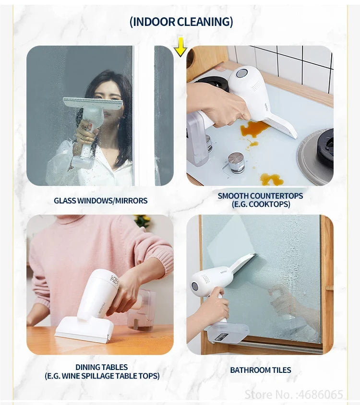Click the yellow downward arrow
180,47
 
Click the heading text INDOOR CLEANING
181,22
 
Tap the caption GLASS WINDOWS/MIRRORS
100,201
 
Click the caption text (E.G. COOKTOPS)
260,204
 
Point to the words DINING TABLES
101,367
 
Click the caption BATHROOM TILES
260,370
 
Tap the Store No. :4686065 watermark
294,394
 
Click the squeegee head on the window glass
93,103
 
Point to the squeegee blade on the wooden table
84,334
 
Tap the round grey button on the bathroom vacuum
195,286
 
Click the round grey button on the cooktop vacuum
242,73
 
